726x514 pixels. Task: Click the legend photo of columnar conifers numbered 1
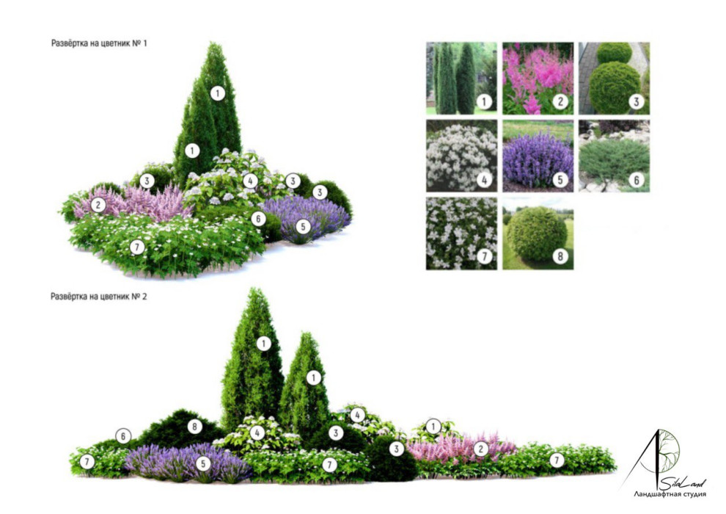[x=461, y=79]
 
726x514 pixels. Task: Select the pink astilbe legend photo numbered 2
[x=538, y=79]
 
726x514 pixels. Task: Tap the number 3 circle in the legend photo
[x=637, y=101]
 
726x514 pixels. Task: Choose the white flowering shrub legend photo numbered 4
[x=461, y=156]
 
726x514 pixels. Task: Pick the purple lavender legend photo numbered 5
[x=538, y=156]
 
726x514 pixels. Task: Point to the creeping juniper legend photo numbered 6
[x=615, y=156]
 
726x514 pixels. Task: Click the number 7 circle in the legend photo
[x=484, y=256]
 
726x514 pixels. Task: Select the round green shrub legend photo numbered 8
[x=538, y=233]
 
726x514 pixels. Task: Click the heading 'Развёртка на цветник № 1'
[x=99, y=43]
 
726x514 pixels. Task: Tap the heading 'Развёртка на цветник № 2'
[x=98, y=297]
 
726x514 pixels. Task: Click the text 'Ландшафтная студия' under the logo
[x=670, y=494]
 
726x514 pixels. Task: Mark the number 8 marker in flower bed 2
[x=195, y=427]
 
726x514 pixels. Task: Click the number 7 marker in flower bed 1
[x=136, y=247]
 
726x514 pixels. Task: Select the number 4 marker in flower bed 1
[x=251, y=181]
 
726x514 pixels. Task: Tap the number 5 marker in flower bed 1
[x=304, y=227]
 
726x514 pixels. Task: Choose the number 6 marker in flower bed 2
[x=123, y=436]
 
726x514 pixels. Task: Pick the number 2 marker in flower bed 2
[x=481, y=449]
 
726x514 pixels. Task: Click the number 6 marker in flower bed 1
[x=258, y=219]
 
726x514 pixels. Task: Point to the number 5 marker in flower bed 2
[x=203, y=463]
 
